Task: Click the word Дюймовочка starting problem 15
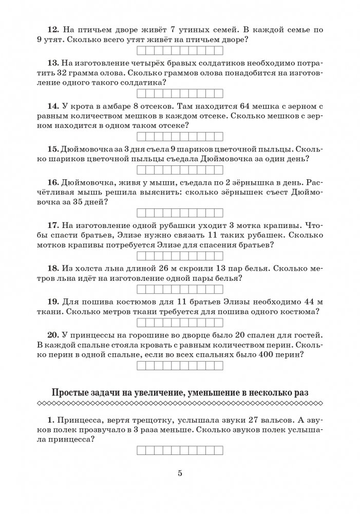point(87,149)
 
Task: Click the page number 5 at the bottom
point(180,473)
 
